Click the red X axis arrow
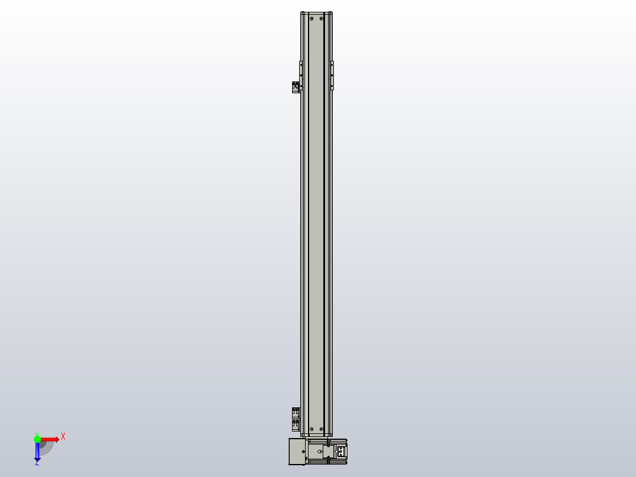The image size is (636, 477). tap(51, 439)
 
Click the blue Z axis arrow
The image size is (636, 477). tap(37, 452)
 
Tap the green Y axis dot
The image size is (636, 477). tap(37, 439)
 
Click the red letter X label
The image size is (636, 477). tap(63, 437)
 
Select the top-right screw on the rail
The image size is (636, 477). tap(322, 18)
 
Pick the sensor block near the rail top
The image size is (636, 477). tap(296, 87)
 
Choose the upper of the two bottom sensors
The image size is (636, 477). tap(296, 412)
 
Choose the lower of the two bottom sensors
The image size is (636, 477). tap(296, 425)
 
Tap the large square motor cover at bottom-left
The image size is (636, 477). tap(297, 452)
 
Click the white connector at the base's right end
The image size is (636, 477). tap(340, 452)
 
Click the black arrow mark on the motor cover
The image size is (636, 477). tap(304, 452)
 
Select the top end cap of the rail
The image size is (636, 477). tap(316, 13)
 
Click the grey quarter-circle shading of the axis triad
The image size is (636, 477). tap(47, 448)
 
